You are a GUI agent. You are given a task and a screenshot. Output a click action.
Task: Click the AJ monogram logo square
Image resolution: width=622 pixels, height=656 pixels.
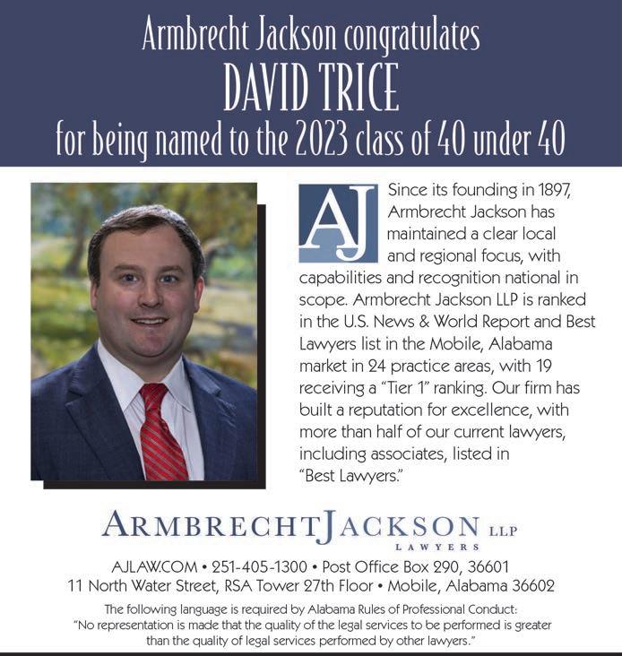coord(338,223)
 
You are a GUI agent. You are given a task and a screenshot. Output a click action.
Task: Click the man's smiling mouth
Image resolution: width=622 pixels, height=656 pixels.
coord(150,320)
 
